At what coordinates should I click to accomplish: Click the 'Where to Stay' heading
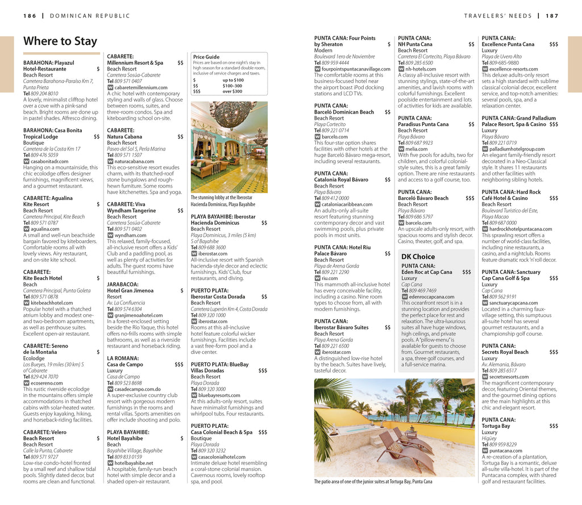tap(60, 41)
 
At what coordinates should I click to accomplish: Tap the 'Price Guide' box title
tap(206, 57)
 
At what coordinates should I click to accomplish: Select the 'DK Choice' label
tap(418, 257)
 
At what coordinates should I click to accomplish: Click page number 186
tap(30, 16)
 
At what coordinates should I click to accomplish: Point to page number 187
tap(552, 16)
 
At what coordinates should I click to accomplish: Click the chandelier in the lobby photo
tap(233, 114)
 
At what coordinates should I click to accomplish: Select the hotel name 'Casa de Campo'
tap(125, 365)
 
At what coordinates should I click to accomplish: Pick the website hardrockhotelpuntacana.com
tap(520, 229)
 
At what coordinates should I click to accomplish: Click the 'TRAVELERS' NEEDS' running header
tap(498, 16)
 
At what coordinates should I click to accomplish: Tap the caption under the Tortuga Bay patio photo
tap(373, 482)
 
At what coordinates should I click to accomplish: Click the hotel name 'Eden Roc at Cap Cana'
tap(427, 272)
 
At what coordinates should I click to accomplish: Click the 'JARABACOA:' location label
tap(122, 284)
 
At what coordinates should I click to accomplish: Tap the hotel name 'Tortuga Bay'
tap(496, 426)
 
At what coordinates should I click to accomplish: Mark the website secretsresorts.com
tap(509, 377)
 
